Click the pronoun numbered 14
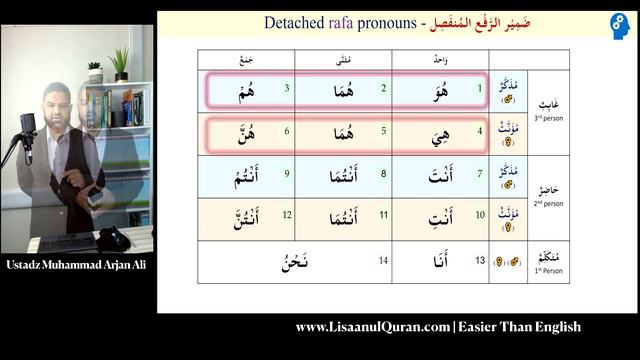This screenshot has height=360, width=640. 291,262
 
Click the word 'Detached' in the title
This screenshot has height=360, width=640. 290,22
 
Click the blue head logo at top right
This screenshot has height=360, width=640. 620,26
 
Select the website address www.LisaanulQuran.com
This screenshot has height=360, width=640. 371,327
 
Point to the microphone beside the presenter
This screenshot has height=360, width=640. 27,129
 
